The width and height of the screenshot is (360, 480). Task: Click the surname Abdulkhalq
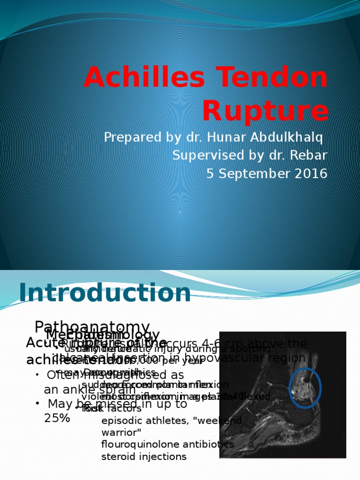pos(287,138)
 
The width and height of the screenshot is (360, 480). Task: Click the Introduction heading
pos(105,293)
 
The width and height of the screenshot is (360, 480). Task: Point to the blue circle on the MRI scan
pos(306,388)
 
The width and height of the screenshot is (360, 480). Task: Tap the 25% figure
pos(57,418)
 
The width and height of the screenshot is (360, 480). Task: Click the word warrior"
pos(121,432)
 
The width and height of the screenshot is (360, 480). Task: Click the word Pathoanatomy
pos(92,327)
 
